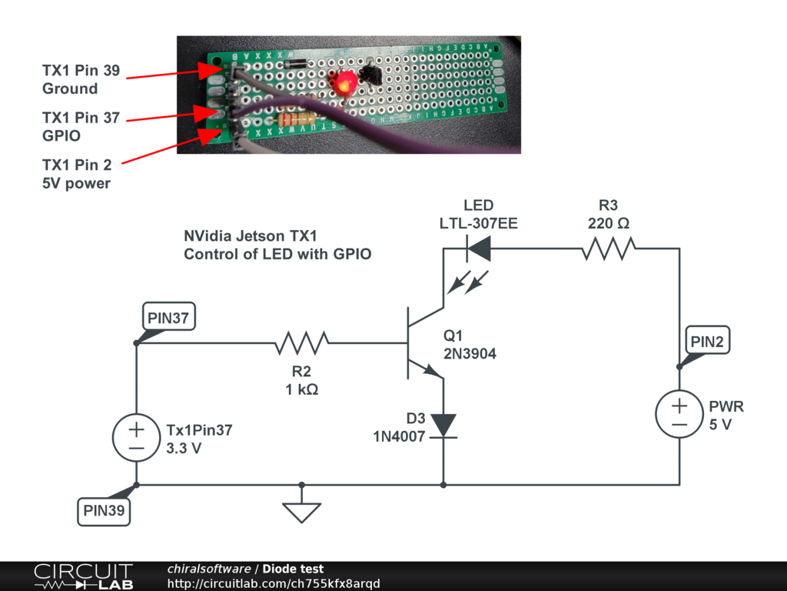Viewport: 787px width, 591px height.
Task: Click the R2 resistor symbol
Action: (302, 342)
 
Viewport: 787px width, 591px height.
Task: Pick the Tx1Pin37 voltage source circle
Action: (136, 439)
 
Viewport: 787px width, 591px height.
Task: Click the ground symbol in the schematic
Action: (302, 510)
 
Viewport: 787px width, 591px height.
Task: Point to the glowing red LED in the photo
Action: (344, 82)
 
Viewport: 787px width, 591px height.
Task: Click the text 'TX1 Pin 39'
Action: (81, 71)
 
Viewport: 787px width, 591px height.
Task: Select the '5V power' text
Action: (76, 183)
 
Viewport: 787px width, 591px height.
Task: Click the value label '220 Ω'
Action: (608, 224)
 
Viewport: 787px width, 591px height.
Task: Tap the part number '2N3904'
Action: (470, 355)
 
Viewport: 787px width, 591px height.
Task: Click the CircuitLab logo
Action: (83, 576)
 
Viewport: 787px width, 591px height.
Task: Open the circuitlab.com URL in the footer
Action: (274, 583)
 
